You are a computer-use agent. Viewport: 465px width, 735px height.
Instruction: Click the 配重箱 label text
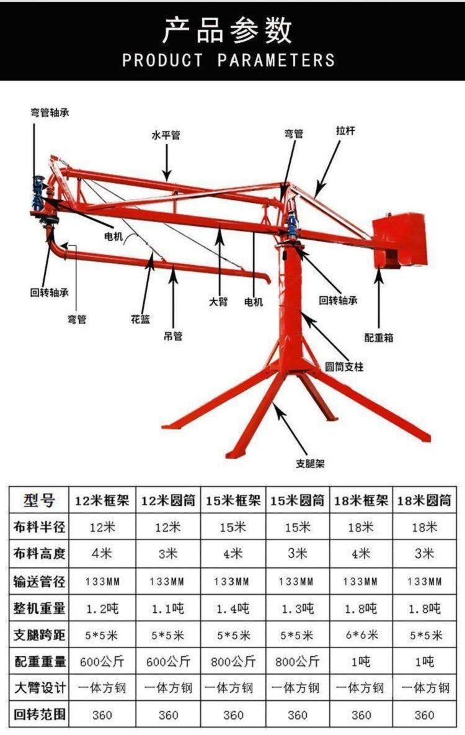click(379, 338)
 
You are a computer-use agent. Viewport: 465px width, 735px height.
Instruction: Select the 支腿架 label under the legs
click(310, 464)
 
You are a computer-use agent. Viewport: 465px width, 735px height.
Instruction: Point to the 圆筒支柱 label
click(344, 366)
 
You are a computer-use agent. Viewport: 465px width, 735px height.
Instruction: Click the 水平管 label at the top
click(166, 135)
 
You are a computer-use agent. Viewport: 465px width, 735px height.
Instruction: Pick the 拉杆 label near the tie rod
click(345, 130)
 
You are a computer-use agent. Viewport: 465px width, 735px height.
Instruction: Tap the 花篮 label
click(141, 320)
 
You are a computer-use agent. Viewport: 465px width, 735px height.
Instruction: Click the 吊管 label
click(173, 336)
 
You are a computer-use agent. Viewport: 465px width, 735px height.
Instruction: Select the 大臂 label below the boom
click(218, 302)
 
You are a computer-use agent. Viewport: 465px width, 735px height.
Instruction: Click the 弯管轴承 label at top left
click(50, 112)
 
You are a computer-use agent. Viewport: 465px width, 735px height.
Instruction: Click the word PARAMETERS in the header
click(276, 60)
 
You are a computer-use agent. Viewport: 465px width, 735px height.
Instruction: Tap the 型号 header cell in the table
click(39, 500)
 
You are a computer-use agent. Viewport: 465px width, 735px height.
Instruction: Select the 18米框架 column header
click(361, 500)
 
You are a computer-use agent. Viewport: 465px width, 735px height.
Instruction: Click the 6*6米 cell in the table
click(361, 635)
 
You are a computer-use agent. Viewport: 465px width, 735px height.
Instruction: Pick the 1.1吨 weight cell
click(167, 608)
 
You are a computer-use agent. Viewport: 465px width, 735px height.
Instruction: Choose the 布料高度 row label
click(39, 554)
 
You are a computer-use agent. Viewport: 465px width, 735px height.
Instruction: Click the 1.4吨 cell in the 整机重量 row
click(232, 608)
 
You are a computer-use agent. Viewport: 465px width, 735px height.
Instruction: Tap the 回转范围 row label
click(39, 715)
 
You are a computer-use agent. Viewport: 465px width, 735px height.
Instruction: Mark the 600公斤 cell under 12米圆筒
click(168, 661)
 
